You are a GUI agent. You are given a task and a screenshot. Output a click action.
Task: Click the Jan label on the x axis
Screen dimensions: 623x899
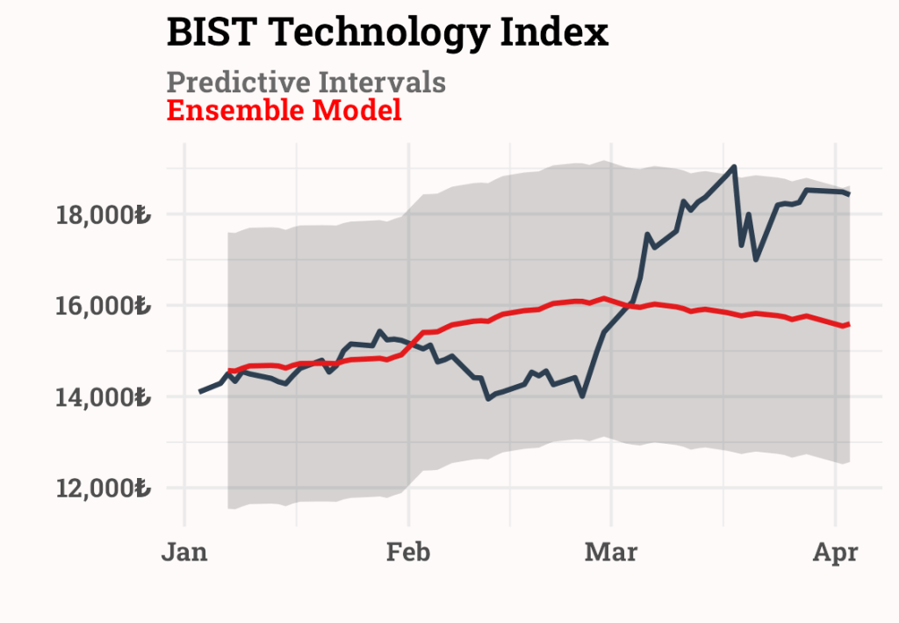(184, 553)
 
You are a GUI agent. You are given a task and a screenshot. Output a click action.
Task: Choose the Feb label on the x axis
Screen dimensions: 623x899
(408, 553)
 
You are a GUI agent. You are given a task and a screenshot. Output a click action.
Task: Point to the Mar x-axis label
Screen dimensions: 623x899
(611, 553)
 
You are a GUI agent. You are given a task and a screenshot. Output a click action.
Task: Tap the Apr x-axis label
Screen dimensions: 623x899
(835, 553)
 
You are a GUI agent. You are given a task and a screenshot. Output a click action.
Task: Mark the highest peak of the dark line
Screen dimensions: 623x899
(734, 166)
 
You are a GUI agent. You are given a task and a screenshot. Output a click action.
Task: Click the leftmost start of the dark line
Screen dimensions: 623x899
(200, 392)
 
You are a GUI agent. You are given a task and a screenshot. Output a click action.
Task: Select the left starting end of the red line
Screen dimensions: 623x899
(229, 371)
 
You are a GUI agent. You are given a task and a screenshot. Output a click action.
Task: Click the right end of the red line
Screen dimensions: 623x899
(848, 324)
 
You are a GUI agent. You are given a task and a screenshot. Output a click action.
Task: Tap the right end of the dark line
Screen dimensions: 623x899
(848, 194)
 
